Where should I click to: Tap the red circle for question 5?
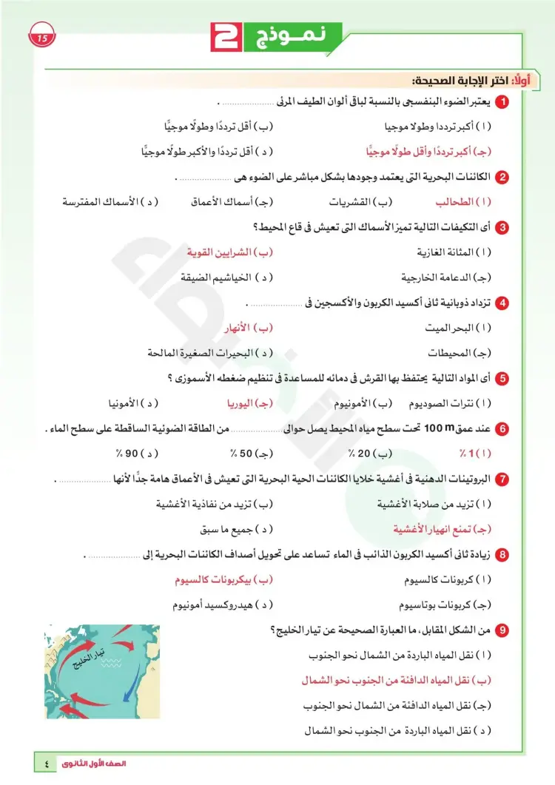pos(502,379)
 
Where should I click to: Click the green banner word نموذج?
pos(293,35)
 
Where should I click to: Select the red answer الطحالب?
pos(457,201)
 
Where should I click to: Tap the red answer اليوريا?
pos(246,403)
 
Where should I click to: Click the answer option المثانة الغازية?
pos(451,252)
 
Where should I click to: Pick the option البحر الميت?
pos(454,327)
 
